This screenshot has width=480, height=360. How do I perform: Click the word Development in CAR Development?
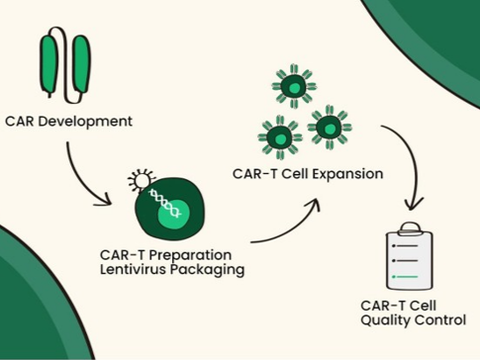85,122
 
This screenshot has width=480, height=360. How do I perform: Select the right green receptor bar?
81,63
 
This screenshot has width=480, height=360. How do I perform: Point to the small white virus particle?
143,180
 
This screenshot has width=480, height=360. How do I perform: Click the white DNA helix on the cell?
164,203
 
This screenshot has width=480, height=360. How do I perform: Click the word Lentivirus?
133,269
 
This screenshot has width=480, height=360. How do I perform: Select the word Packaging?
207,270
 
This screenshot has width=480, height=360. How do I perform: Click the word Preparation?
190,255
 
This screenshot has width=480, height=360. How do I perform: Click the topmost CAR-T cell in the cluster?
294,87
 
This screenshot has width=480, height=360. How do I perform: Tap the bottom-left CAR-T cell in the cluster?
280,137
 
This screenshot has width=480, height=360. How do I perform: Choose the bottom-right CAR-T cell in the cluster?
330,128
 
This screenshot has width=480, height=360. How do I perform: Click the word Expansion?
347,174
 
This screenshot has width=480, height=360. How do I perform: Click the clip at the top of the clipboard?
410,228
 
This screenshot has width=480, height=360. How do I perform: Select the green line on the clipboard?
405,277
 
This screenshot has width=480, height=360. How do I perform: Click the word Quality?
385,320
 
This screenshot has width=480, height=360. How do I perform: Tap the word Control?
439,319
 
